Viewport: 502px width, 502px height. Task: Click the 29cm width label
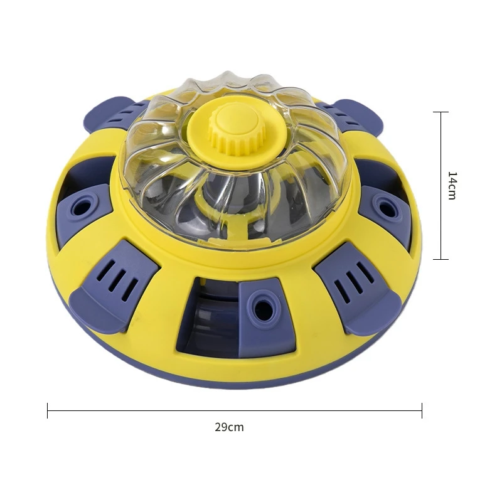coord(229,427)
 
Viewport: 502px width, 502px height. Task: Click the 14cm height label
coord(452,186)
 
